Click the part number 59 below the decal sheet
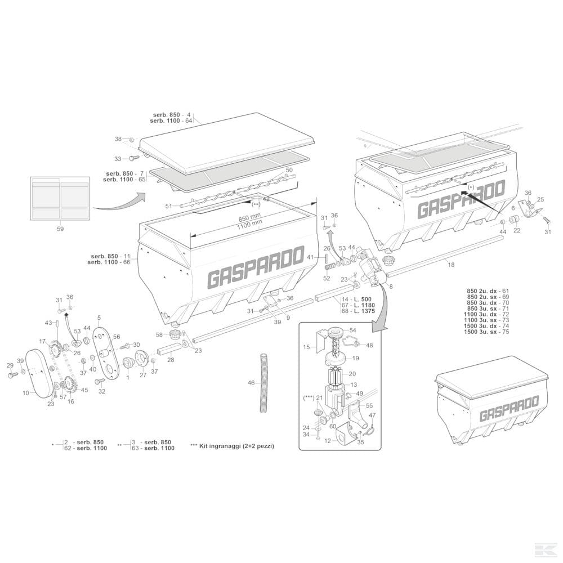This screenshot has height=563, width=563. click(x=60, y=229)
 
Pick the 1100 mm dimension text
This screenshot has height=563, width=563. click(x=249, y=224)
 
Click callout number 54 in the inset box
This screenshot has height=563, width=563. click(x=353, y=330)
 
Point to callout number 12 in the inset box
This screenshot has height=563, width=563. click(x=328, y=441)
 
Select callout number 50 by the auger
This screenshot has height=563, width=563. click(x=289, y=169)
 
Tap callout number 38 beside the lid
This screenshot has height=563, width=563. click(x=118, y=138)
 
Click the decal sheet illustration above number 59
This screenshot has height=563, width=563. click(x=60, y=198)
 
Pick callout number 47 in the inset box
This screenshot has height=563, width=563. click(x=372, y=415)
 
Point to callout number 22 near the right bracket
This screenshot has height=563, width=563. click(x=516, y=230)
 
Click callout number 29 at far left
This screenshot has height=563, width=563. click(x=10, y=366)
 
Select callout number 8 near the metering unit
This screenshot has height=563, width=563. click(x=391, y=287)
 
